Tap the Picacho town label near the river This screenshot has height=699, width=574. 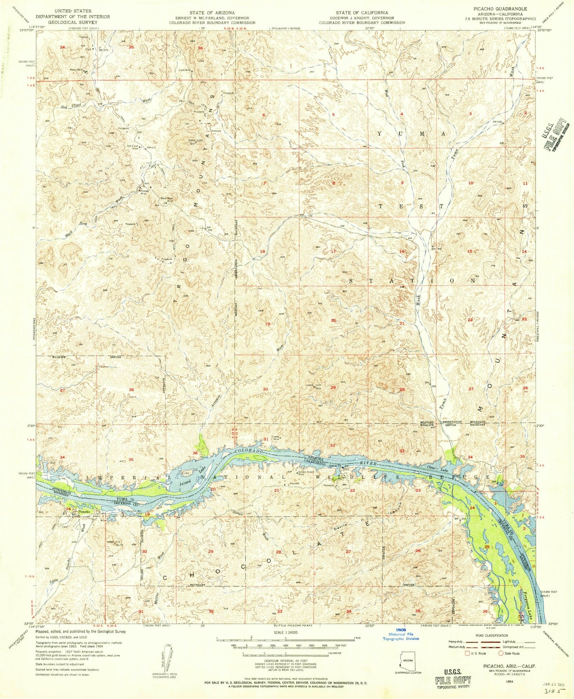[x=84, y=512]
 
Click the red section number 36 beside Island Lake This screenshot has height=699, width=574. [x=195, y=453]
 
